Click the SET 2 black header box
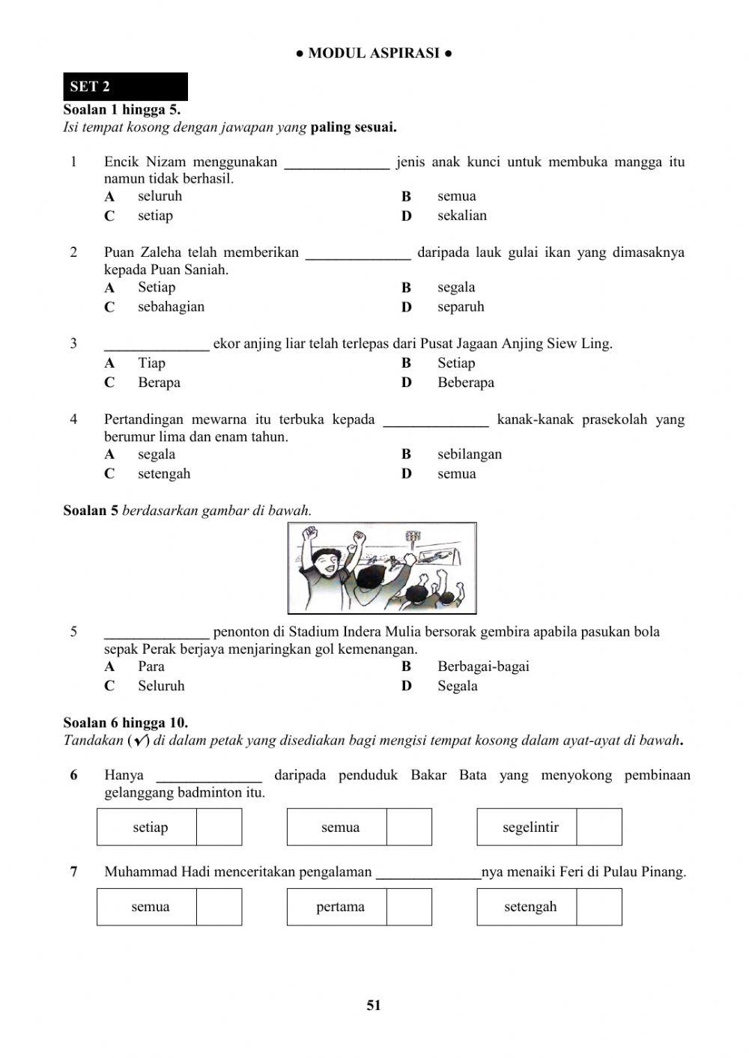[125, 86]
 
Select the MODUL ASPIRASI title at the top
[374, 53]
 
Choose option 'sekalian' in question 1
[461, 216]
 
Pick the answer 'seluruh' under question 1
[160, 196]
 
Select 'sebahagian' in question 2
[171, 307]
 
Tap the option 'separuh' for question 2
[461, 307]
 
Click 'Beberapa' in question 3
[465, 383]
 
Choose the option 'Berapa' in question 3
[159, 383]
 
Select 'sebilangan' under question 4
[470, 454]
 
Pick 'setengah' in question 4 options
[164, 474]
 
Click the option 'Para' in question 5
[151, 666]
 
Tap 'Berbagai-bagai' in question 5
[483, 666]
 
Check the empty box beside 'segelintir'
[599, 827]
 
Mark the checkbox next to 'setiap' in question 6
[219, 827]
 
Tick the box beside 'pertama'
[409, 907]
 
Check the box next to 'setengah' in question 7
[599, 907]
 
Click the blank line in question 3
[157, 345]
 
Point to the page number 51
[374, 1006]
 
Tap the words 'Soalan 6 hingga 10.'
[126, 723]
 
